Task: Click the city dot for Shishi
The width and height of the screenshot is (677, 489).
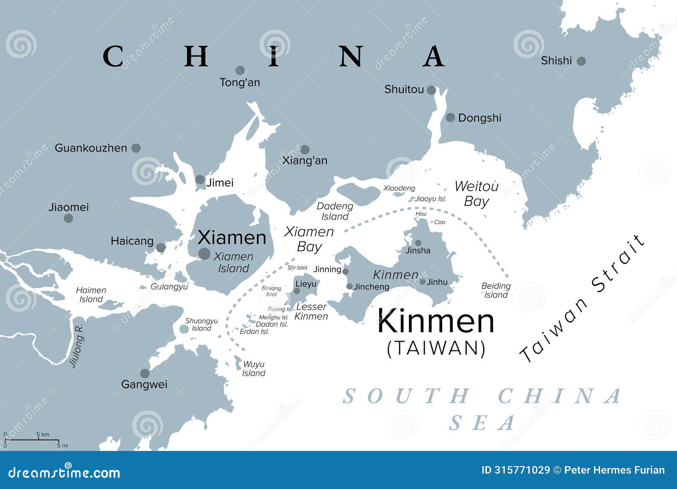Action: (x=581, y=61)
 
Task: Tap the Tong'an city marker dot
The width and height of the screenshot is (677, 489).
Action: (x=240, y=70)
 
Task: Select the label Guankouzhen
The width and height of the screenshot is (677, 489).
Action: (x=91, y=148)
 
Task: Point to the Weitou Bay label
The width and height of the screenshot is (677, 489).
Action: (x=476, y=194)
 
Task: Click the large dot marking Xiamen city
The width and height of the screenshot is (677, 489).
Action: (x=204, y=254)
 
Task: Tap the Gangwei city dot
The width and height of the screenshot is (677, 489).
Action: (x=145, y=373)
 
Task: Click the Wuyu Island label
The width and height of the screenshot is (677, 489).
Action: (x=254, y=369)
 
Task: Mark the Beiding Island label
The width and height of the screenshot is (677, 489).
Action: (x=496, y=290)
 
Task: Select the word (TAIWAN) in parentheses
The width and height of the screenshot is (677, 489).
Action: (x=436, y=348)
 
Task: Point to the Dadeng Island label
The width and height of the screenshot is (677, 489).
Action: (x=335, y=211)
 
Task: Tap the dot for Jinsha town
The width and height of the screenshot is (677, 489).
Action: (x=418, y=243)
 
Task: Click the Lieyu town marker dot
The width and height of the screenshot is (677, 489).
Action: (x=297, y=291)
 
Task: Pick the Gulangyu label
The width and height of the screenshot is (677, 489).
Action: (x=169, y=287)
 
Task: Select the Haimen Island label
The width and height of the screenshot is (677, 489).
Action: (x=91, y=295)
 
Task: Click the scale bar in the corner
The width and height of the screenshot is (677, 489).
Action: (x=32, y=440)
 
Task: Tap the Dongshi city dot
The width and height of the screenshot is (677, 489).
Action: (x=450, y=117)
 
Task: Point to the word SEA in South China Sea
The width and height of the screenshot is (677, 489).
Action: (x=482, y=423)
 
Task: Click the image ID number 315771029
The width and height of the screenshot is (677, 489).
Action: (x=522, y=470)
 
